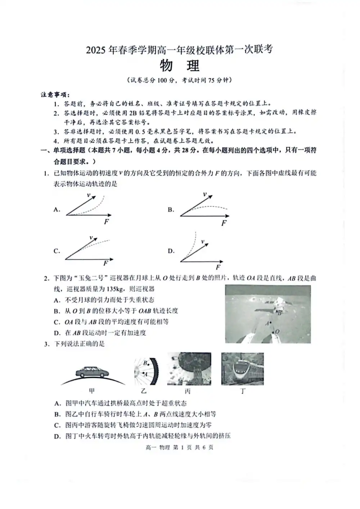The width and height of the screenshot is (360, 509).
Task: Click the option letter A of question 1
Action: point(57,209)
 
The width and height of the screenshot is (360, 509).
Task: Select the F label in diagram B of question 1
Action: point(224,223)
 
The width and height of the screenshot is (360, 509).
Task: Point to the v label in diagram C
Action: point(91,238)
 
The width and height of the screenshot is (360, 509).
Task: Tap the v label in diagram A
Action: point(89,195)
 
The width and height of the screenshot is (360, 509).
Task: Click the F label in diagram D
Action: point(218,267)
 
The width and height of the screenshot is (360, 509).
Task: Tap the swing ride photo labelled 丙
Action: point(189,369)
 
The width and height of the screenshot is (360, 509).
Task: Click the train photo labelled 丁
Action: point(242,369)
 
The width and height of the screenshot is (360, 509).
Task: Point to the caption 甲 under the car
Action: point(92,391)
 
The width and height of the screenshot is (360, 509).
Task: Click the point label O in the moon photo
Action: point(277,331)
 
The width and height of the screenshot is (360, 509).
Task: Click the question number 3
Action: point(46,344)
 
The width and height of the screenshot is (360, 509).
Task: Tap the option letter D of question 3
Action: point(57,436)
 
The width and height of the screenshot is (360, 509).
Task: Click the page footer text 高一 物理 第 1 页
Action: point(180,447)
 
